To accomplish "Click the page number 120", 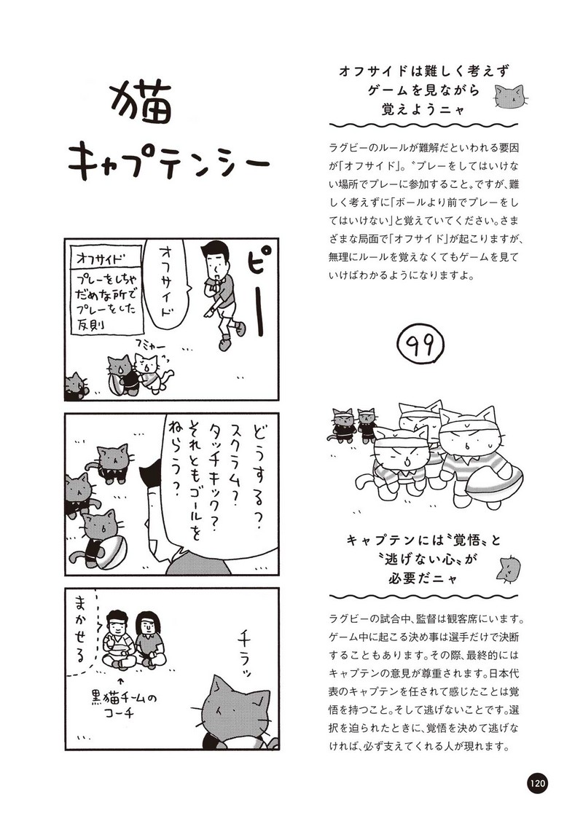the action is point(536,782).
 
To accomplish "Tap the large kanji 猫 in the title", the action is point(141,104).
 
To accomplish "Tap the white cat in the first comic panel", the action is point(152,373).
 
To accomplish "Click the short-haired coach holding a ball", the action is point(117,640).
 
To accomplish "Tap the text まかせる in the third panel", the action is point(81,627).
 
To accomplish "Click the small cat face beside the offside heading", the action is point(511,98).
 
